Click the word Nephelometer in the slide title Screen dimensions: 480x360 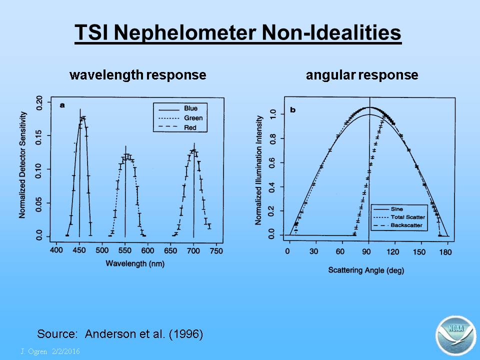coord(185,32)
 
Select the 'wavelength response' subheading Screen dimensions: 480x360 coord(138,75)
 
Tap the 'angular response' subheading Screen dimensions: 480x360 coord(362,75)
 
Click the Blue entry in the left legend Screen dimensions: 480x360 coord(190,108)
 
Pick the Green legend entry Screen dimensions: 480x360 coord(193,118)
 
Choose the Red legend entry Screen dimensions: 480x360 coord(190,127)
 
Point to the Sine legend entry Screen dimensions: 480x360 coord(396,209)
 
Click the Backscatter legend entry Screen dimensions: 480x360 coord(406,225)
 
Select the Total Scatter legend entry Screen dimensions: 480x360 coord(408,217)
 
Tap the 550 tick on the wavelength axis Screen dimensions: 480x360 coord(125,250)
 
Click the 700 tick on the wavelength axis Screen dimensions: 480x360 coord(193,250)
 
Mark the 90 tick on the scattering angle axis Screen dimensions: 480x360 coord(366,252)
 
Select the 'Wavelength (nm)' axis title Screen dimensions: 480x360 coord(135,263)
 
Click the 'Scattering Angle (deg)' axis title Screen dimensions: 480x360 coord(366,270)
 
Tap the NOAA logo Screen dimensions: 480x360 coord(456,335)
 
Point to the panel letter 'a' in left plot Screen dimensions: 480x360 coord(62,105)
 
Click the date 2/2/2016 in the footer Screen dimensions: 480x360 coord(66,351)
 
